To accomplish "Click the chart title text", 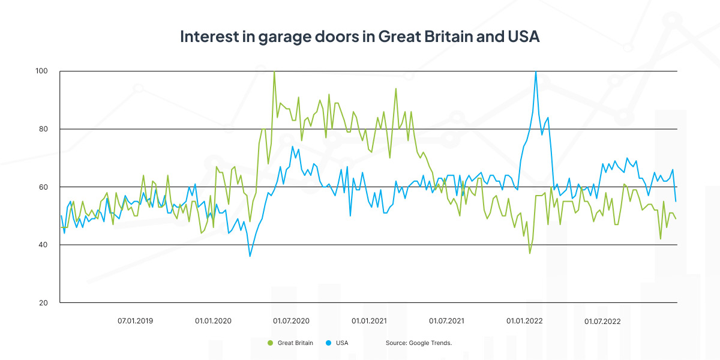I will [360, 37].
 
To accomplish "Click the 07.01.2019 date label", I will [135, 321].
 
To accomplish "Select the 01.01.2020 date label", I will [213, 321].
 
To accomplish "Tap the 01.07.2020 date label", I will [291, 321].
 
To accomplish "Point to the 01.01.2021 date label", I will [369, 321].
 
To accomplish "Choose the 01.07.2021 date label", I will [446, 321].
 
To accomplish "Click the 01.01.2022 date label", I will [524, 321].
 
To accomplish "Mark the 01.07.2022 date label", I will [602, 321].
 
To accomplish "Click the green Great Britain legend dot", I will [270, 343].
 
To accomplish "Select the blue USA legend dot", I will [329, 343].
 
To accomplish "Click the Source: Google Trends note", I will [418, 343].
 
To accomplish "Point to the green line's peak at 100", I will [274, 72].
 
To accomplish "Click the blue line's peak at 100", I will [535, 72].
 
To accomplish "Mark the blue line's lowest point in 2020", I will [250, 256].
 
